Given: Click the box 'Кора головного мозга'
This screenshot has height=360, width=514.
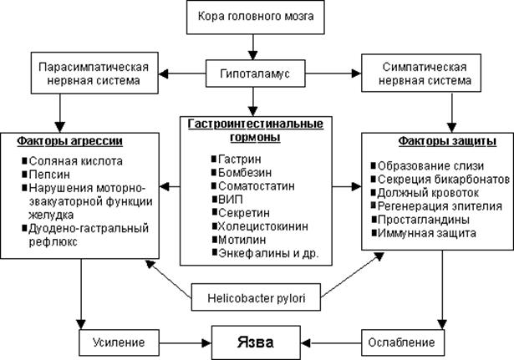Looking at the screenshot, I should [x=256, y=18].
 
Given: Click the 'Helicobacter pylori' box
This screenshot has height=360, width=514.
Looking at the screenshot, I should [x=256, y=297].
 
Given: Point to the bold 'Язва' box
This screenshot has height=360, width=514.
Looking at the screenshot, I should [x=256, y=342].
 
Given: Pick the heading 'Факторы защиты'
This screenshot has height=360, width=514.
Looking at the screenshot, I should [x=435, y=139].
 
